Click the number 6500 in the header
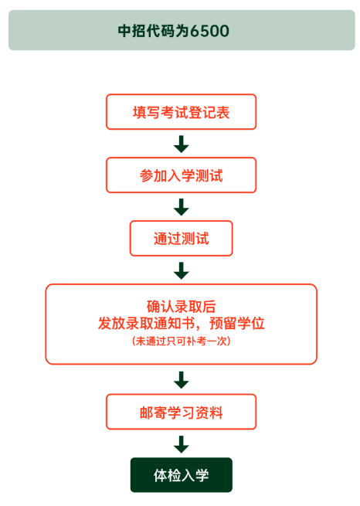tap(209, 31)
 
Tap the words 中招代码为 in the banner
tap(154, 31)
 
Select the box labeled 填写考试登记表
tap(181, 112)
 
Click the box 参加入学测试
tap(181, 175)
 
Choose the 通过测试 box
tap(181, 238)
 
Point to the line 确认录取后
tap(181, 307)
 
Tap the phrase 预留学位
tap(237, 323)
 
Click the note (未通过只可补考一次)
tap(181, 341)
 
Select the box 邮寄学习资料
tap(181, 412)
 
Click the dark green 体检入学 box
tap(181, 474)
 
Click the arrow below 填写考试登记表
tap(182, 144)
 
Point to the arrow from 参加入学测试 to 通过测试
tap(182, 207)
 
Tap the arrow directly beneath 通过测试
tap(182, 270)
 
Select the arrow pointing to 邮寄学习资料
tap(182, 380)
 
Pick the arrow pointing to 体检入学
tap(182, 444)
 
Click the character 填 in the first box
tap(139, 112)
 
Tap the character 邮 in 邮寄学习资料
tap(147, 412)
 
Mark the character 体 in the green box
tap(161, 475)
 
